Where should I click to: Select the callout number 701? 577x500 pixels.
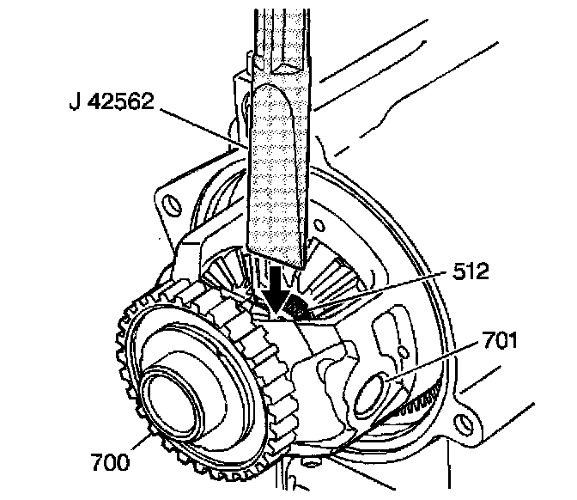[497, 341]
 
